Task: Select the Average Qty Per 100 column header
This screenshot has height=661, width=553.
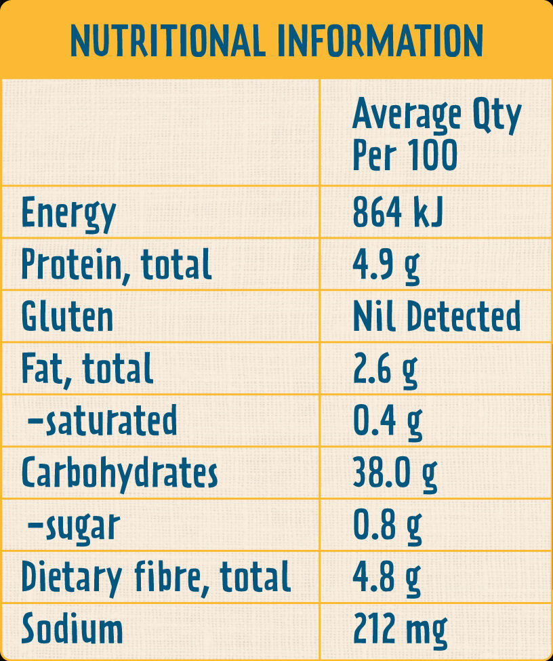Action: point(436,134)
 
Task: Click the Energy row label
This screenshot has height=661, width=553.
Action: point(68,214)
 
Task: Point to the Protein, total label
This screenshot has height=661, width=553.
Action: point(116,265)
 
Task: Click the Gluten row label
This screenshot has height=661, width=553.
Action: point(67,317)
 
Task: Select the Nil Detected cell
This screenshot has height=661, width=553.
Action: point(436,317)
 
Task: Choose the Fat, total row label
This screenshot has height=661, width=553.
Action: point(87,369)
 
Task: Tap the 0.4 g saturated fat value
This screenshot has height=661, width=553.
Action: point(387,421)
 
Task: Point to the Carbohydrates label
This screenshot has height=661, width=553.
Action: point(119,473)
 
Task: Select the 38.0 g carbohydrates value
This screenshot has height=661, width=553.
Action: point(394,473)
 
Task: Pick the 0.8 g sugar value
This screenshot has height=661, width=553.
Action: point(387,525)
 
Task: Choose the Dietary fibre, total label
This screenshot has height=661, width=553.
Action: point(156,578)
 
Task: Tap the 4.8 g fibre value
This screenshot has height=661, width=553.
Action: point(386,578)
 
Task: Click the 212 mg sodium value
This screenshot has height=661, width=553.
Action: point(400,630)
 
